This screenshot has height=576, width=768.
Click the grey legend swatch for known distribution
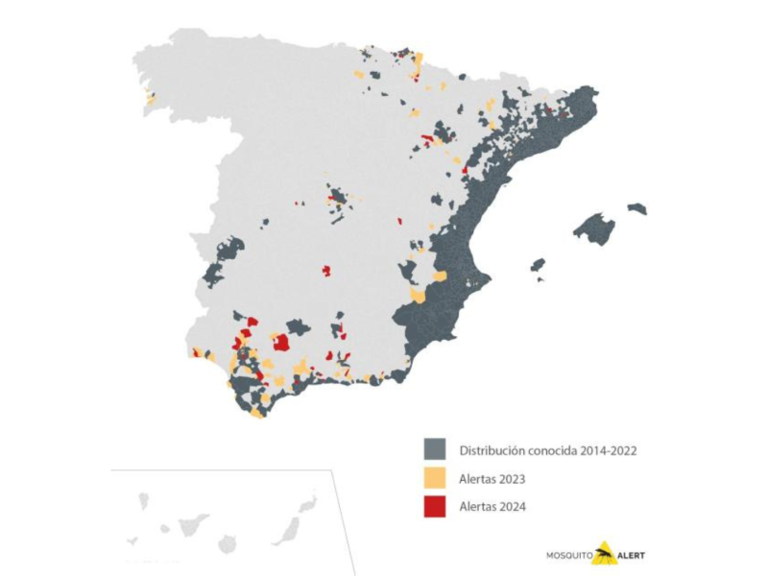(435, 449)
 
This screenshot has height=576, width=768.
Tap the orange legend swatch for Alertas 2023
(435, 478)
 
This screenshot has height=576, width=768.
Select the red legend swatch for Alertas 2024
(435, 506)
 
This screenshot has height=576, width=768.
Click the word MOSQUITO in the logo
(568, 555)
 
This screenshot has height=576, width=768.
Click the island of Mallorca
(594, 229)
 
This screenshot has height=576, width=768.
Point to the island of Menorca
(637, 208)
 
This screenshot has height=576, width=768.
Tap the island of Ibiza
(538, 265)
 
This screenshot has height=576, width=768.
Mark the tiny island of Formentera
(540, 279)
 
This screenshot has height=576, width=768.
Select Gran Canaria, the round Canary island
(227, 544)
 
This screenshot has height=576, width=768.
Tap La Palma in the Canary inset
(143, 500)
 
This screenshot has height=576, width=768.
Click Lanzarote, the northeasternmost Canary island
(306, 504)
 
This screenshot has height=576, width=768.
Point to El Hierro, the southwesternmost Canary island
(132, 540)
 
